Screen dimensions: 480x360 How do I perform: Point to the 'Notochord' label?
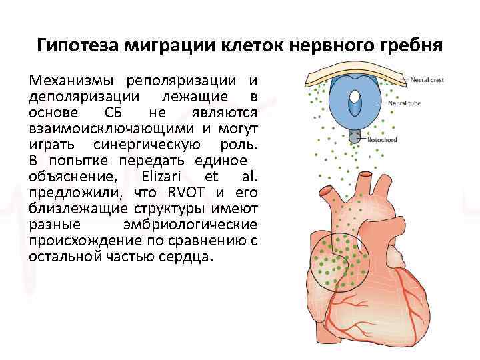384,140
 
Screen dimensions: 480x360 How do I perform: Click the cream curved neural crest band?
353,73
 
